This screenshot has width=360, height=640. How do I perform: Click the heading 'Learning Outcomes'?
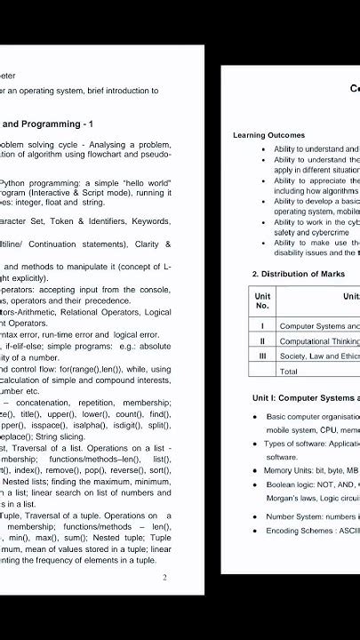pyautogui.click(x=268, y=135)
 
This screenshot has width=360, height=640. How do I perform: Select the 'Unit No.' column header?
pyautogui.click(x=262, y=300)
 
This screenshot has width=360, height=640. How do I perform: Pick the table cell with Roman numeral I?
pyautogui.click(x=262, y=326)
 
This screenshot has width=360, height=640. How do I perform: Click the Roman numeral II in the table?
pyautogui.click(x=262, y=340)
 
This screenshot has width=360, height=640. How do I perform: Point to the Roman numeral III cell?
pyautogui.click(x=262, y=356)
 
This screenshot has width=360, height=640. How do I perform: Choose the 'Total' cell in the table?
pyautogui.click(x=289, y=371)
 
